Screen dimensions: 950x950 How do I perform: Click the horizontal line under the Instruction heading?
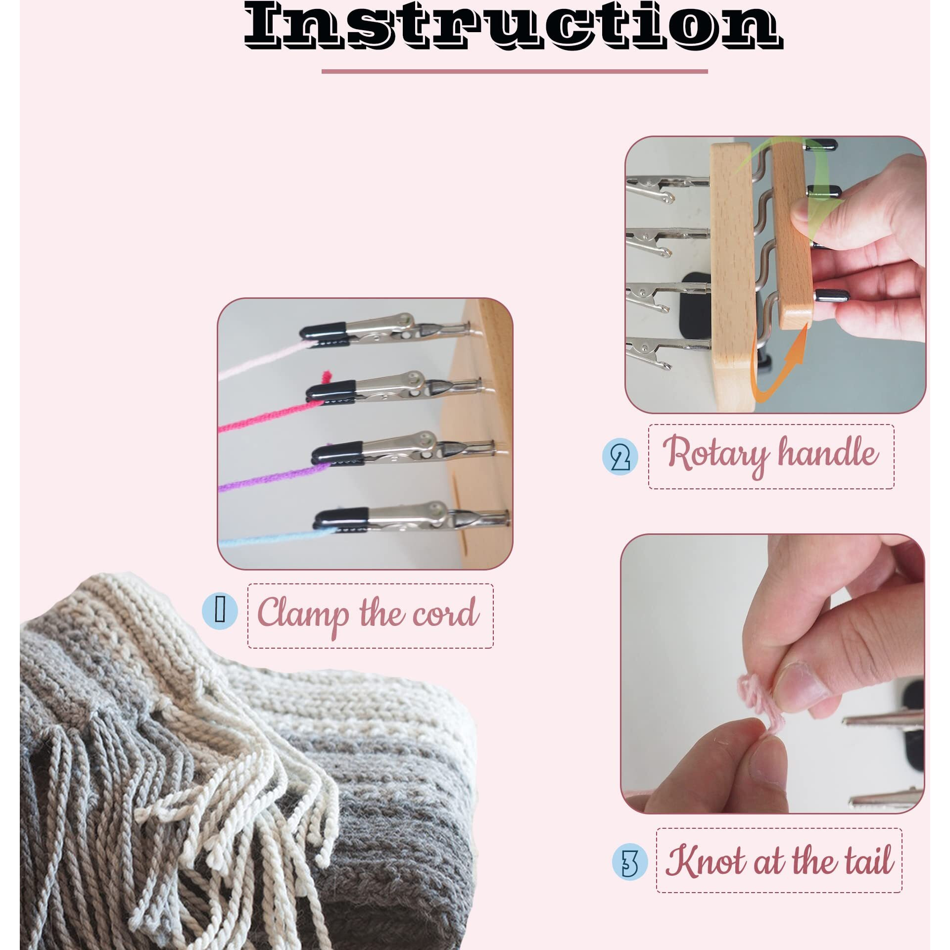click(x=515, y=71)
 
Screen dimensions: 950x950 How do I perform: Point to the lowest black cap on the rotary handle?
click(x=831, y=296)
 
